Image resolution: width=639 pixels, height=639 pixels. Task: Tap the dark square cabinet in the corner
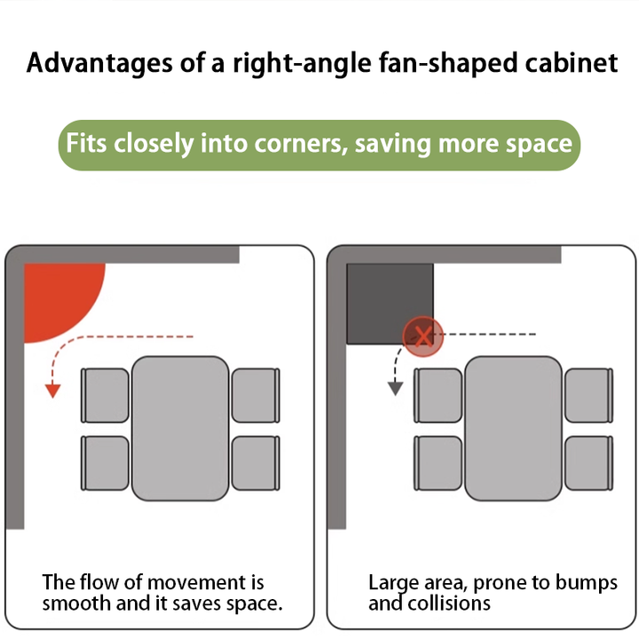390,304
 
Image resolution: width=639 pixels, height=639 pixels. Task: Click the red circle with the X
423,336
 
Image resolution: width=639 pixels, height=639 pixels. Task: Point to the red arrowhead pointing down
52,390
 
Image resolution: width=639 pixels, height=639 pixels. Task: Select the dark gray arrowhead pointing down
395,389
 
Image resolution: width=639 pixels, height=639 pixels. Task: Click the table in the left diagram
180,429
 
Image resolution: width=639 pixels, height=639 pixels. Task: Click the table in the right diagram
514,429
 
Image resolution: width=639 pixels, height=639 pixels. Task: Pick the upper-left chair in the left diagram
105,395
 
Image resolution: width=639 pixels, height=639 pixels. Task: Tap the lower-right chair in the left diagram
256,463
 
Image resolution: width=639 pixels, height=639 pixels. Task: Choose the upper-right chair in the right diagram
589,395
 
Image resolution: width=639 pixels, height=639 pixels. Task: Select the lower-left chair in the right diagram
438,463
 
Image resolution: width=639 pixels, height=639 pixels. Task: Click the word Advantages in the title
99,64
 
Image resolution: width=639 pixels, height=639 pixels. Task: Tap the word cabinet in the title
572,63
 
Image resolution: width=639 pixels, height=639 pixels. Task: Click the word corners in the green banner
301,144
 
